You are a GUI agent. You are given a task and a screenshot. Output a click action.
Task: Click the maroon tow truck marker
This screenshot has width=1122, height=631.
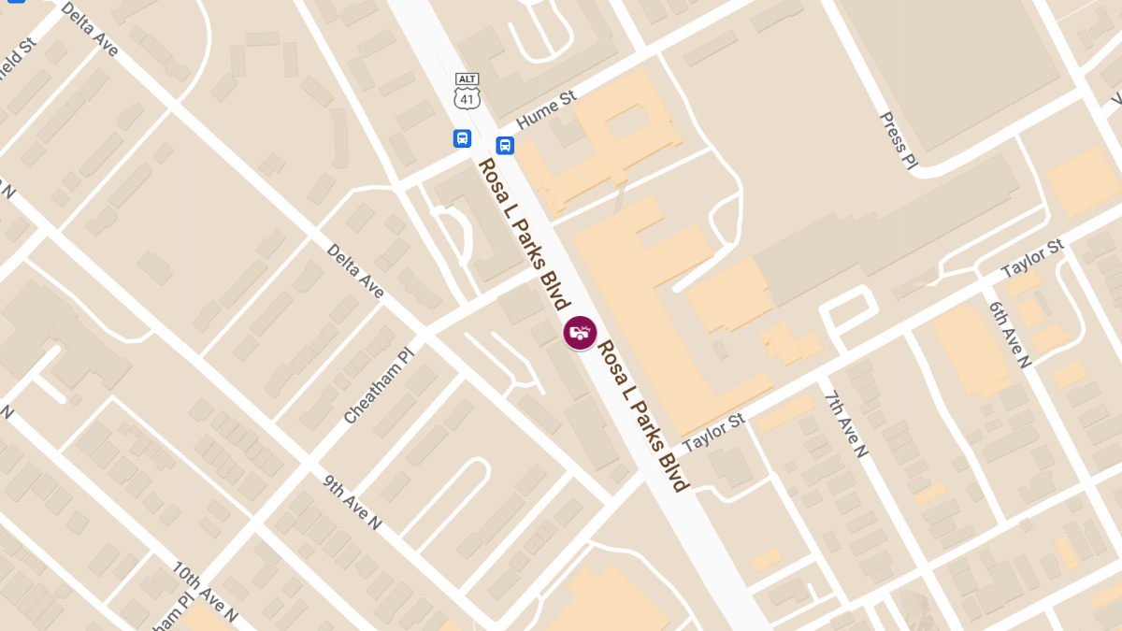coord(580,333)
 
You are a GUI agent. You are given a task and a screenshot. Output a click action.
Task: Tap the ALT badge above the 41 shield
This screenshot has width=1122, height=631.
coord(467,79)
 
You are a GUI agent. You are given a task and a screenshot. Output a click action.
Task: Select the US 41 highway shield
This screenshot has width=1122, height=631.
coord(467,97)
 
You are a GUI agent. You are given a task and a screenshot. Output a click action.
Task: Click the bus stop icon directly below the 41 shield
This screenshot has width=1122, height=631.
coord(462,138)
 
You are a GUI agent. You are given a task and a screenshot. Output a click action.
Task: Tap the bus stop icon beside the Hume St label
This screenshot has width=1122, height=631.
coord(505,145)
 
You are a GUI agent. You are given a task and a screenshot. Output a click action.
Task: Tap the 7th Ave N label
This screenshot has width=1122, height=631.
coord(846,423)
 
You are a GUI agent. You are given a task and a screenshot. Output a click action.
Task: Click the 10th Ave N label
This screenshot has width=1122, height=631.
coord(205,592)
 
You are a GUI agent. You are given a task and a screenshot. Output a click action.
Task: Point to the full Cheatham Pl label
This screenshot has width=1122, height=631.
coord(378,382)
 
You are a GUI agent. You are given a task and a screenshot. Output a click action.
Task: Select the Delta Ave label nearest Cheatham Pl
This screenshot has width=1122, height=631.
coord(355,271)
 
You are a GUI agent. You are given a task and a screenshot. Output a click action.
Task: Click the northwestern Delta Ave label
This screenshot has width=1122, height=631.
coord(90,29)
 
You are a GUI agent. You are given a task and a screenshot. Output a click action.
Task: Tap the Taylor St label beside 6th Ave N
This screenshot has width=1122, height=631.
coord(1032,259)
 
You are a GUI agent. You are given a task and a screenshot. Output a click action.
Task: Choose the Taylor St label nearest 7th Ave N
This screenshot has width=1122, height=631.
coord(712,434)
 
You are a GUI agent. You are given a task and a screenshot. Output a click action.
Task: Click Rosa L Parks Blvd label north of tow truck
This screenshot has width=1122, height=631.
coord(524,234)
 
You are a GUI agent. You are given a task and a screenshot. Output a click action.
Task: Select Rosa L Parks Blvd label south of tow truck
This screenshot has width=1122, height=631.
coord(643,414)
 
